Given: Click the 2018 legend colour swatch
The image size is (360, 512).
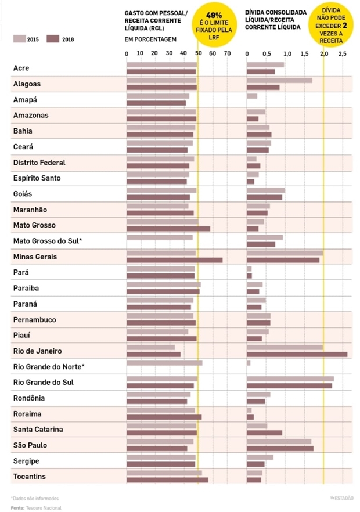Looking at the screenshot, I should (x=53, y=39).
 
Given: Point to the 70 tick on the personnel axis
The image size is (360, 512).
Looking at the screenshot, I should (x=227, y=54).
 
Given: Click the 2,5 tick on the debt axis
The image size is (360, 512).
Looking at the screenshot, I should (x=343, y=54).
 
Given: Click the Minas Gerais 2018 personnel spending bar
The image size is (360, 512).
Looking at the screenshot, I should (x=174, y=260).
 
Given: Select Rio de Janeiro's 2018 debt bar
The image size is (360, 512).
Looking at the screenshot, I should (x=297, y=354).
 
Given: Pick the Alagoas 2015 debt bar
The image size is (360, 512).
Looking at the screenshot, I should (x=279, y=81).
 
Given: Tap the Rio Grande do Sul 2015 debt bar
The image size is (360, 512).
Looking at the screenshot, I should (x=290, y=378).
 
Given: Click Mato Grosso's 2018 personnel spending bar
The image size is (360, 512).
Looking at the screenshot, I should (x=168, y=229).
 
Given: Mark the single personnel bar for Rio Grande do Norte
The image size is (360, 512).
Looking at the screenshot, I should (x=164, y=363).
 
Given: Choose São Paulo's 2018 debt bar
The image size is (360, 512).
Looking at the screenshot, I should (x=280, y=448).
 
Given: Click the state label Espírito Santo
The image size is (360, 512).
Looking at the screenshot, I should (x=37, y=178).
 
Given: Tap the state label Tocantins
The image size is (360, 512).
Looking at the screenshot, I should (x=30, y=477).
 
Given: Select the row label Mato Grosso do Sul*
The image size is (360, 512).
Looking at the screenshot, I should (x=48, y=241).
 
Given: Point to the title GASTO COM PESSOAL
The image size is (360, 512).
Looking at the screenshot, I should (x=156, y=12).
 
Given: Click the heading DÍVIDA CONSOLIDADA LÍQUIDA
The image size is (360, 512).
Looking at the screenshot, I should (x=276, y=12).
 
